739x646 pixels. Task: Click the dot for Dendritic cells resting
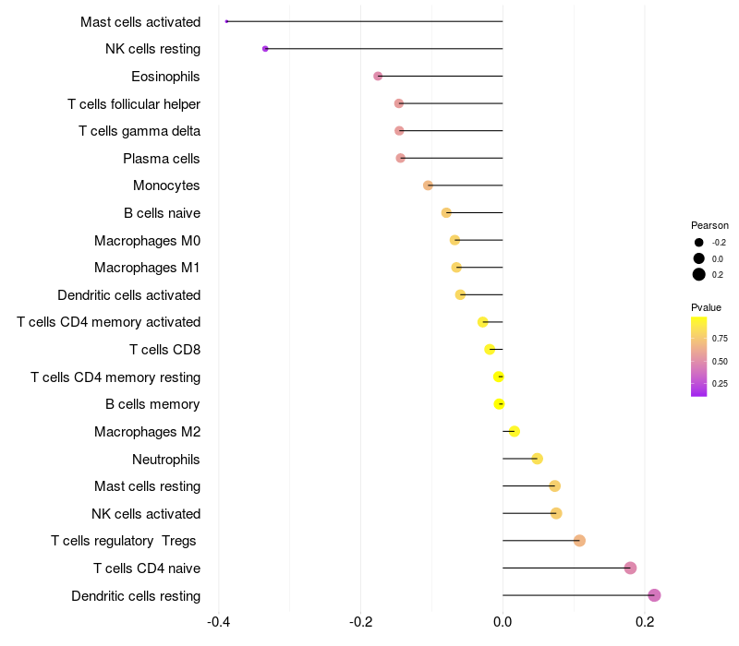[654, 595]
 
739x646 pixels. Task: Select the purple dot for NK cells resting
[265, 49]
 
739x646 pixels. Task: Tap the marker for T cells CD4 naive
[630, 568]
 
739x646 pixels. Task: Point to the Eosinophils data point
[378, 76]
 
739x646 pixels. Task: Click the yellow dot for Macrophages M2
[515, 431]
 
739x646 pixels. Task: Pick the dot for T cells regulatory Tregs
[579, 540]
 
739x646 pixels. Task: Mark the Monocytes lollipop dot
[428, 185]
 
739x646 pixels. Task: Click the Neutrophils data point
[537, 459]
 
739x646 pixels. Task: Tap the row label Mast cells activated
[140, 21]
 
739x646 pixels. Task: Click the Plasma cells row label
[162, 159]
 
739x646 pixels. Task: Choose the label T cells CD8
[164, 350]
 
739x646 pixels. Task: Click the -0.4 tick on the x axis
[219, 623]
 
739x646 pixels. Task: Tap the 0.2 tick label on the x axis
[645, 623]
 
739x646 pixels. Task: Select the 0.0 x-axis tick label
[503, 623]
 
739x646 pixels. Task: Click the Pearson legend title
[709, 225]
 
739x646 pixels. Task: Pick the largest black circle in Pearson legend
[699, 274]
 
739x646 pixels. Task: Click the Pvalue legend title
[706, 307]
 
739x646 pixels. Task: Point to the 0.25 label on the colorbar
[720, 384]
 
